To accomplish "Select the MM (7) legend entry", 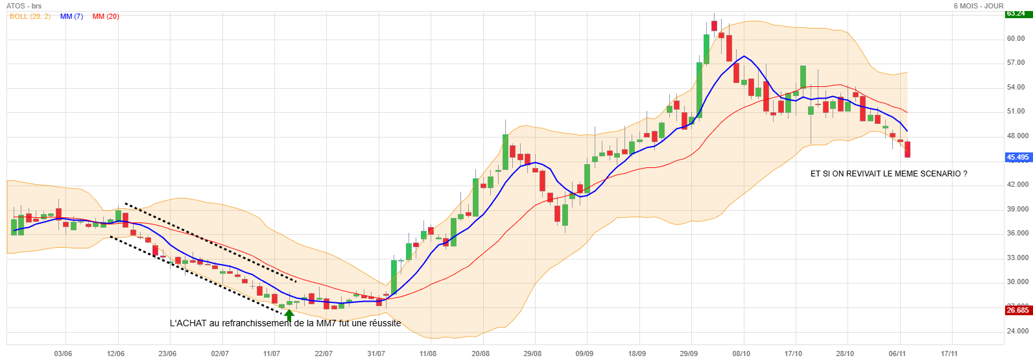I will click(x=71, y=16).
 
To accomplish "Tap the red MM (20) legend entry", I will click(x=106, y=16).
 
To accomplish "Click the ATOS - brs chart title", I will click(x=24, y=6).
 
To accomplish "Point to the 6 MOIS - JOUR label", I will click(x=978, y=6).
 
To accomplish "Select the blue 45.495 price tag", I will click(x=1017, y=158).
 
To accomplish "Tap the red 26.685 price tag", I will click(x=1017, y=311).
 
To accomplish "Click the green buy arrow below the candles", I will click(x=289, y=315).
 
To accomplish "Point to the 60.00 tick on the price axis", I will click(x=1015, y=39).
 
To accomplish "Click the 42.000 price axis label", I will click(x=1017, y=185).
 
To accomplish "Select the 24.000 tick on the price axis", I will click(x=1017, y=331).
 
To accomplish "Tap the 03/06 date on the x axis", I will click(x=63, y=354).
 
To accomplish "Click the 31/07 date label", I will click(x=376, y=354).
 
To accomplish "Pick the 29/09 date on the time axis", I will click(x=689, y=354).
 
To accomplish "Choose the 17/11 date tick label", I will click(x=949, y=354).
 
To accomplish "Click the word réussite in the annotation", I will click(x=384, y=323).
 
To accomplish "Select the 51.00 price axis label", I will click(x=1015, y=112).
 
